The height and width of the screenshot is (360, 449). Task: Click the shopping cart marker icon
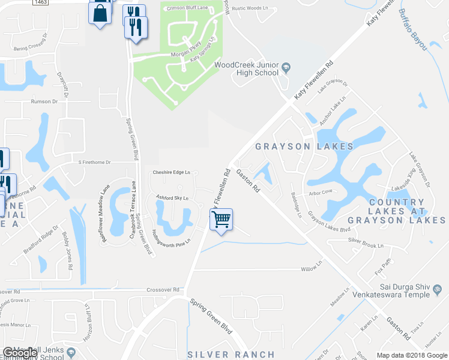pos(221,220)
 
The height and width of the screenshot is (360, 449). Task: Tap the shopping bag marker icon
pos(100,12)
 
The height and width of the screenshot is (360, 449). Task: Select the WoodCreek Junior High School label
pos(246,68)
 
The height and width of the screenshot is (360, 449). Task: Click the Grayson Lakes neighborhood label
pos(304,146)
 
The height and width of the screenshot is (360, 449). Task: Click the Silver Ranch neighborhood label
pos(231,355)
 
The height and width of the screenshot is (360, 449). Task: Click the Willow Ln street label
pos(312,269)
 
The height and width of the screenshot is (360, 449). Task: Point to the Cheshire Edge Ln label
pos(171,172)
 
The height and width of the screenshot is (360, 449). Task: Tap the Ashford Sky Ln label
pos(172,197)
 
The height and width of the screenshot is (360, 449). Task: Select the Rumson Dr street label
pos(45,101)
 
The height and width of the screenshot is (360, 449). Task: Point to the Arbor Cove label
pos(320,193)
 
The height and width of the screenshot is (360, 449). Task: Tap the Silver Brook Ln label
pos(366,245)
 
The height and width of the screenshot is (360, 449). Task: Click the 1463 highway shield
pos(41,2)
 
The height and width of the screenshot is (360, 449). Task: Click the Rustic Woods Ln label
pos(250,8)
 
